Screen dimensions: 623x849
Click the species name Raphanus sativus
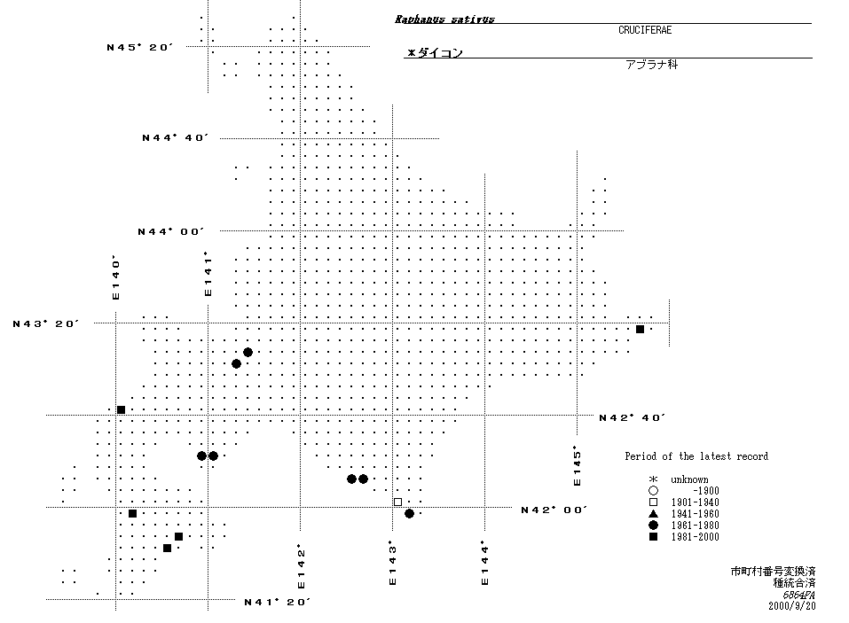tap(444, 19)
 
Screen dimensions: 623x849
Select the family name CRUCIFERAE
tap(645, 30)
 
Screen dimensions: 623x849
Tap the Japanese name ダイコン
tap(435, 53)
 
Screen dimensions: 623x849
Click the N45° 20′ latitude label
tap(138, 47)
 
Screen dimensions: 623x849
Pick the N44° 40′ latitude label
tap(175, 137)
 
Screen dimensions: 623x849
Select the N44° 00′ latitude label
tap(170, 231)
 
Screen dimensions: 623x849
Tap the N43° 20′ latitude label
tap(46, 323)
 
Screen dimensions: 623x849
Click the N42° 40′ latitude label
tap(632, 417)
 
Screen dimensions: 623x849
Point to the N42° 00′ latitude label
tap(554, 510)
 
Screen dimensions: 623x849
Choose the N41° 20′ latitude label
tap(277, 602)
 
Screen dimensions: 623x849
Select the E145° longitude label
tap(577, 465)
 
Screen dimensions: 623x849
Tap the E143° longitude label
tap(392, 564)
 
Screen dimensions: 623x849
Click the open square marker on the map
tap(397, 502)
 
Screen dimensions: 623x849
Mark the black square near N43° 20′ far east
tap(640, 330)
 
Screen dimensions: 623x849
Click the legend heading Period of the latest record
tap(696, 456)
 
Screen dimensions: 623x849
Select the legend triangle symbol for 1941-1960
tap(652, 514)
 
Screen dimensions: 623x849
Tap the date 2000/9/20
tap(792, 606)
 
